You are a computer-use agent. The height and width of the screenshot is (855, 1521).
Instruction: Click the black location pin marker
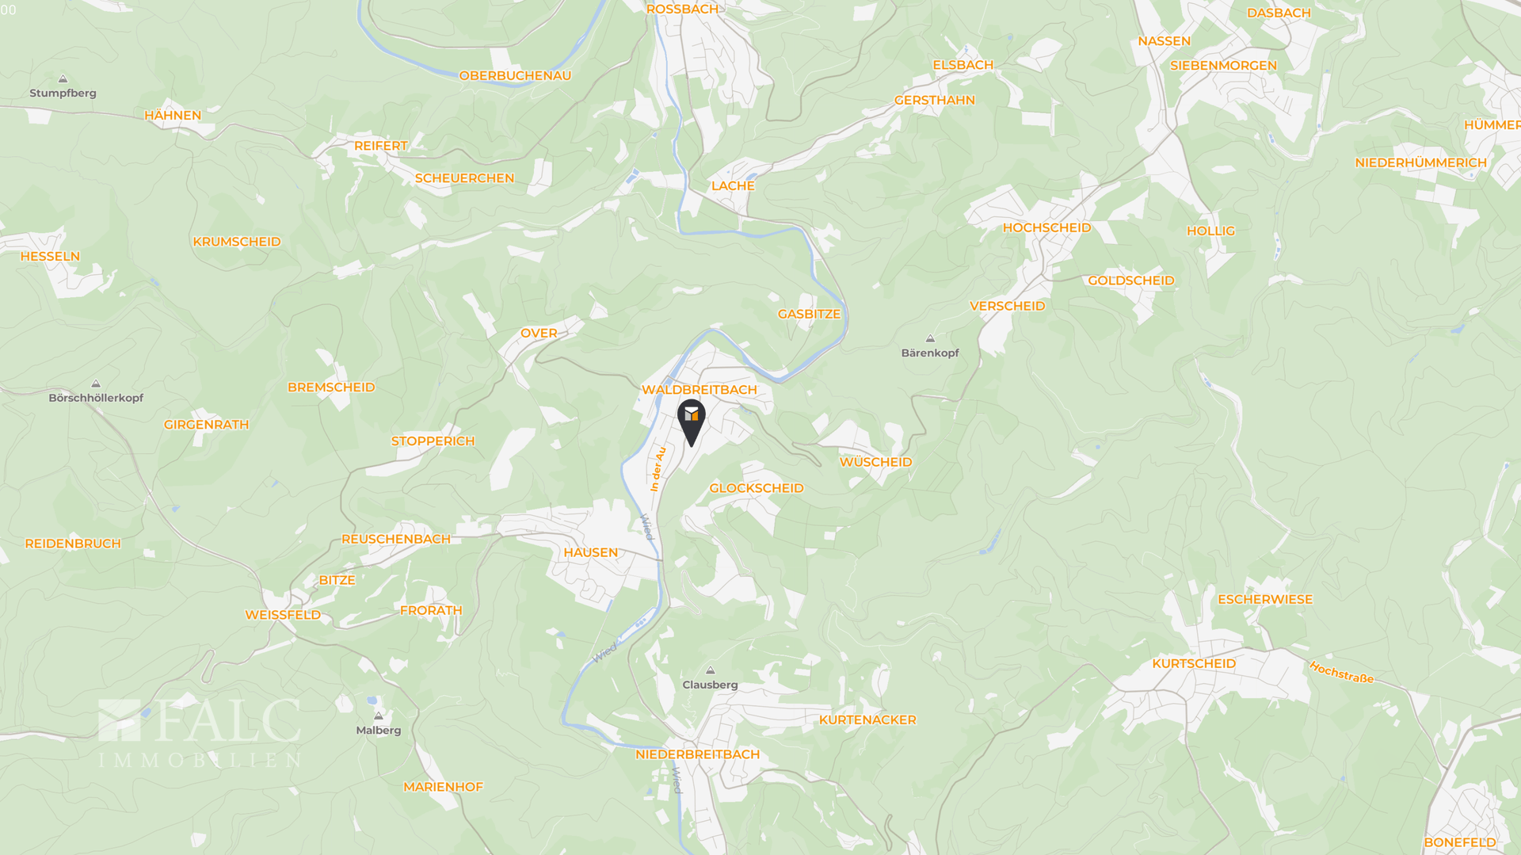tap(692, 419)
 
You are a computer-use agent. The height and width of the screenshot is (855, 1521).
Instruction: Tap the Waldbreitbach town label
tap(699, 390)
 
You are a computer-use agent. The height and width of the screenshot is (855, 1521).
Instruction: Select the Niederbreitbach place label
tap(697, 754)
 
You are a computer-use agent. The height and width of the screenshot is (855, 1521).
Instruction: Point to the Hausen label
tap(590, 552)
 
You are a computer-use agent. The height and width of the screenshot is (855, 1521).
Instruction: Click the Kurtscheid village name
tap(1193, 663)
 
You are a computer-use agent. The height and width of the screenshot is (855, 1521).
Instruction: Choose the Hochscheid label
tap(1046, 227)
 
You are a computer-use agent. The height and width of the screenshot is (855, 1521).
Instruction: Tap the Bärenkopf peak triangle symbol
tap(930, 339)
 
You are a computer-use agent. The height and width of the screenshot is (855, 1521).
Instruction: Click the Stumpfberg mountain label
tap(63, 93)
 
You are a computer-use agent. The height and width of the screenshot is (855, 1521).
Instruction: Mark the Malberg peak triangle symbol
tap(378, 716)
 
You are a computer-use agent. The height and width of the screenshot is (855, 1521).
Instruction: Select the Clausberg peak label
tap(710, 685)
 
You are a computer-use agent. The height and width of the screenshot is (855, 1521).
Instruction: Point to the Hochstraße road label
tap(1340, 673)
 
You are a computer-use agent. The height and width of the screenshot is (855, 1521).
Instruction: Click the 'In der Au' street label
tap(658, 468)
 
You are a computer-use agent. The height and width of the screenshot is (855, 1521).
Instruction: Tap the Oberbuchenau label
tap(515, 76)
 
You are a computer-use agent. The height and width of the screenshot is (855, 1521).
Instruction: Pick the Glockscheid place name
tap(756, 488)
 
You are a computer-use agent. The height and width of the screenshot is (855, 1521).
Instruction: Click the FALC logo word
tap(228, 721)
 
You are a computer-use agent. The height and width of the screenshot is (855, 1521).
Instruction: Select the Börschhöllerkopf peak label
tap(96, 398)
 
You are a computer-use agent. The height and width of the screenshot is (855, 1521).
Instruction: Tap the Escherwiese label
tap(1264, 599)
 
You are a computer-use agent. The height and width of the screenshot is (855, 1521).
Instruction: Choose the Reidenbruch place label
tap(73, 544)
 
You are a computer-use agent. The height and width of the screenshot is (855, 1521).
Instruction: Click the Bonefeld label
tap(1459, 842)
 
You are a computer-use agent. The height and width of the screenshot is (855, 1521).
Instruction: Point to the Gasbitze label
tap(808, 314)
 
